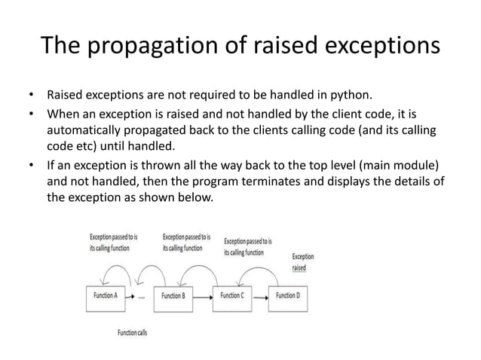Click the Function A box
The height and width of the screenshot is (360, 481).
pos(106,296)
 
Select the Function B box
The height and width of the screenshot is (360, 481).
pos(173,296)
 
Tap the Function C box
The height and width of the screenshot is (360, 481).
pos(232,296)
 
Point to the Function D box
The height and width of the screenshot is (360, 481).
pos(287,296)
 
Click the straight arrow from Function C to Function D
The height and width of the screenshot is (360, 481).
pos(259,297)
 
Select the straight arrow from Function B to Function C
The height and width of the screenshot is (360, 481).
pos(202,296)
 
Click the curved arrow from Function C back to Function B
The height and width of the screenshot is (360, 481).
pos(200,268)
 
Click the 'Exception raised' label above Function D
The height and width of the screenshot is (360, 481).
pos(302,261)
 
